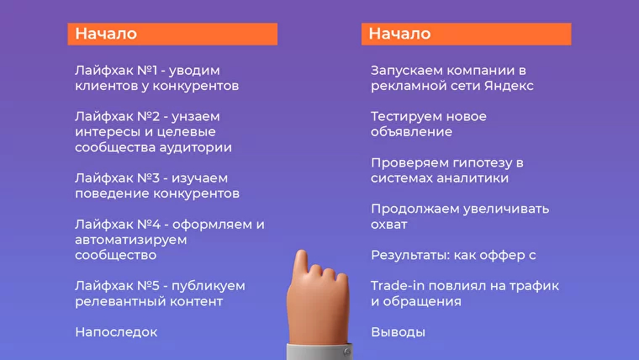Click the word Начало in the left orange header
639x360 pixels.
106,34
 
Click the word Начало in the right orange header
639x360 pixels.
399,34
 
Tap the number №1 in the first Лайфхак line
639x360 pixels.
147,71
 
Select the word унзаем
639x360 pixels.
196,117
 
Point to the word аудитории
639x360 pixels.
195,147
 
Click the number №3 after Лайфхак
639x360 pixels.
148,178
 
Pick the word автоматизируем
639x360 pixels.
131,240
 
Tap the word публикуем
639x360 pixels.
209,286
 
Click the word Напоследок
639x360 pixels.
116,332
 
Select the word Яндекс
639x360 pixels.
509,86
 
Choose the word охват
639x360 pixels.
388,225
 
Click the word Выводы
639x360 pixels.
398,332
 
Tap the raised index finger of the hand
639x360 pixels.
302,265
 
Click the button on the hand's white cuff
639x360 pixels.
346,352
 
